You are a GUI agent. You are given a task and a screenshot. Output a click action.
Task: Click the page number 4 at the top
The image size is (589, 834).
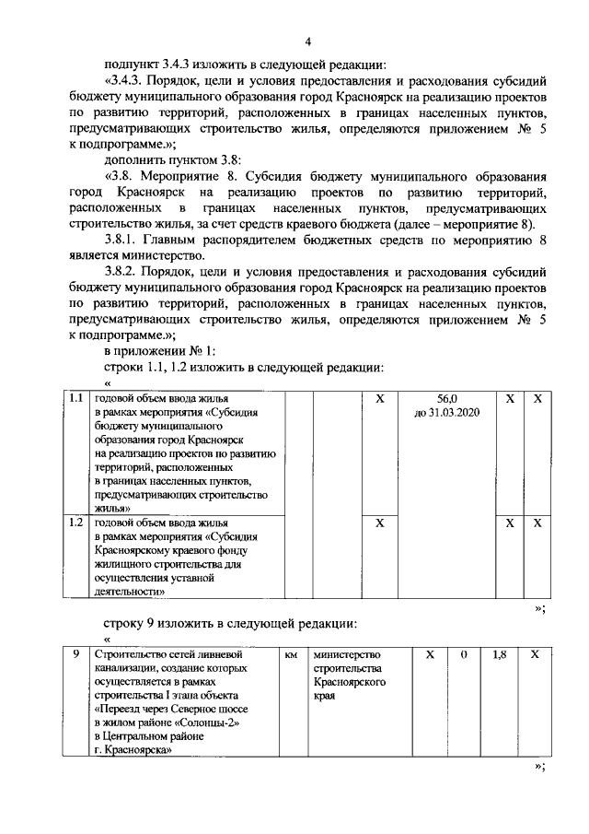(308, 41)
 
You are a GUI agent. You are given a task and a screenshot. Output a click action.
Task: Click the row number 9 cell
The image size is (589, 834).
(78, 654)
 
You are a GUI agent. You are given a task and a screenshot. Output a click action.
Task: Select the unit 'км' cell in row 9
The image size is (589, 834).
(291, 654)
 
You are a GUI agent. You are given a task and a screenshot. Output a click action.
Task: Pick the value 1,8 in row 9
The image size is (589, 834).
(500, 654)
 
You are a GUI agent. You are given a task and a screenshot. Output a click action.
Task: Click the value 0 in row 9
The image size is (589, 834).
(464, 654)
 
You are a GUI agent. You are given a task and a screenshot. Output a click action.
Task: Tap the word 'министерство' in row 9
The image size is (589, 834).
(346, 654)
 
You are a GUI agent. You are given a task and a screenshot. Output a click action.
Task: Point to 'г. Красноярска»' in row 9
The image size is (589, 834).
(136, 750)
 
